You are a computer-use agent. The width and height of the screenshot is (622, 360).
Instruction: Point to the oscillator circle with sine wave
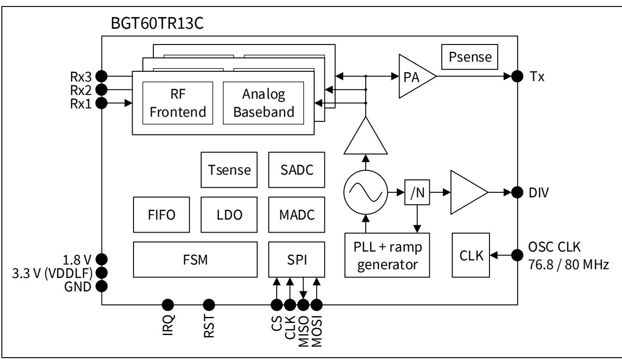pyautogui.click(x=366, y=192)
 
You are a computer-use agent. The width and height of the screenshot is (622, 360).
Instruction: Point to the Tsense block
pyautogui.click(x=228, y=170)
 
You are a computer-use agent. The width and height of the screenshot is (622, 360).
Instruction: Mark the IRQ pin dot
pyautogui.click(x=168, y=304)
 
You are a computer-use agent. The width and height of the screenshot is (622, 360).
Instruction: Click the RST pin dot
pyautogui.click(x=209, y=304)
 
